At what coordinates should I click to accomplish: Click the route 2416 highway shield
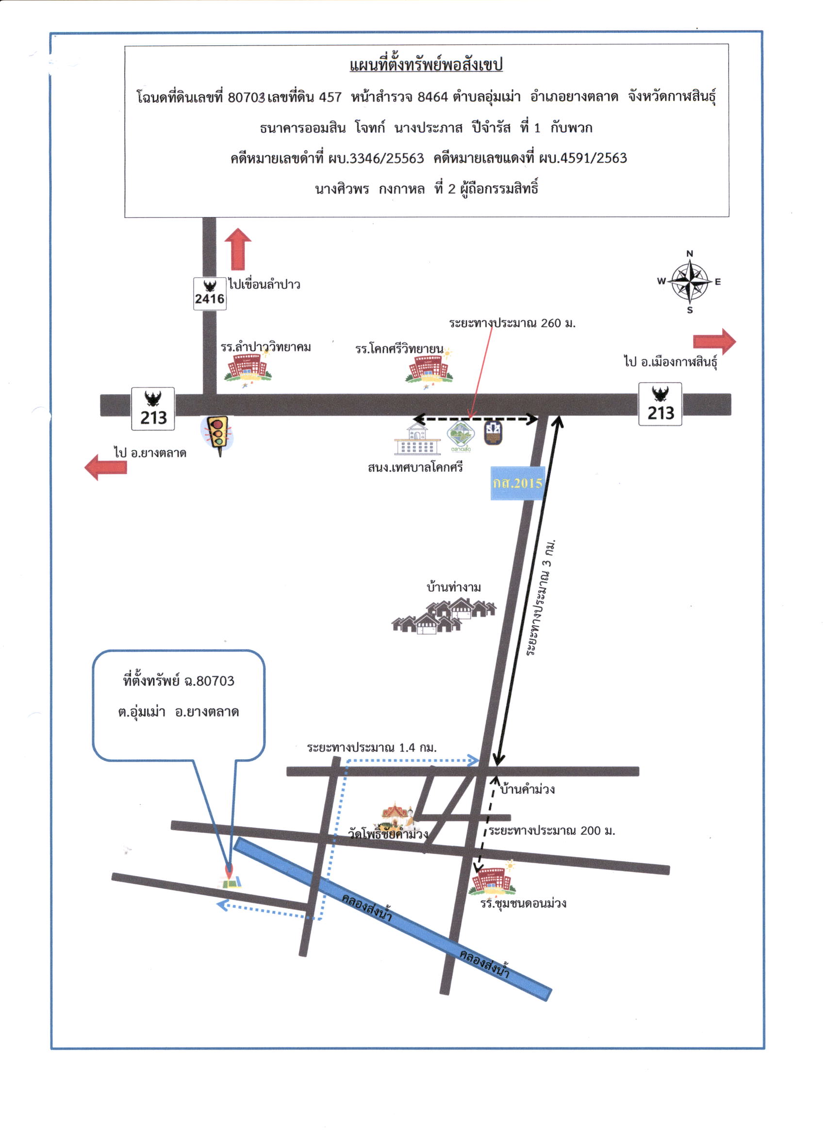click(210, 293)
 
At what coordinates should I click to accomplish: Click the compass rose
click(690, 282)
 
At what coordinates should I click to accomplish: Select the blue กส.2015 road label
click(517, 483)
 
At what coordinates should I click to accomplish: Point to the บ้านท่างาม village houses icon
click(444, 616)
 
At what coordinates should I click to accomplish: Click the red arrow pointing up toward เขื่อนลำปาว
click(238, 249)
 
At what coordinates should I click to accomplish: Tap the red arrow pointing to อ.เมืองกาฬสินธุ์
click(714, 342)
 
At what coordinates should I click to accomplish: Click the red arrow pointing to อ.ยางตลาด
click(105, 467)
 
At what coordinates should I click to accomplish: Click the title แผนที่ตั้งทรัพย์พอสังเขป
click(426, 65)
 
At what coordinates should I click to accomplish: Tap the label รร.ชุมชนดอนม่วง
click(523, 903)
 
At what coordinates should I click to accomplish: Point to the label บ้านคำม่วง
click(527, 789)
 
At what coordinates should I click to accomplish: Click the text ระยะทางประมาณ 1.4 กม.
click(372, 748)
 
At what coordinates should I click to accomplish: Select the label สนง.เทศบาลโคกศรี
click(415, 467)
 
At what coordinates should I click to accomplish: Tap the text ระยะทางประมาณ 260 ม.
click(512, 323)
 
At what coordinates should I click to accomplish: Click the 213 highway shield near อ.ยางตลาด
click(153, 409)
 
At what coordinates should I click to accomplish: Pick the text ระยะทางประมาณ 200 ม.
click(552, 830)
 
